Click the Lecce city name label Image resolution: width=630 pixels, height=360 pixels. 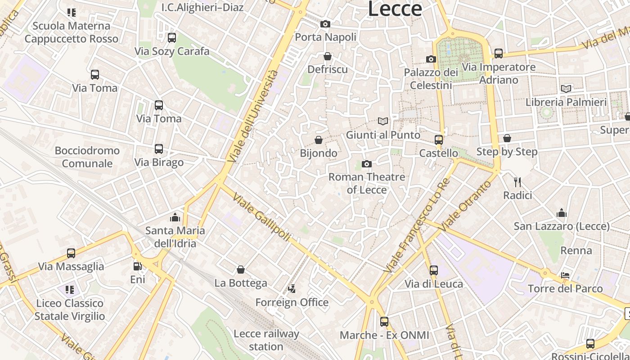pyautogui.click(x=395, y=9)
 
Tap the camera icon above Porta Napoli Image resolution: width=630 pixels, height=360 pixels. pyautogui.click(x=325, y=24)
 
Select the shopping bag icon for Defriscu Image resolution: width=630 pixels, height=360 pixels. pyautogui.click(x=328, y=56)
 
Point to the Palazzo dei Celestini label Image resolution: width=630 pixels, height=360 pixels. pyautogui.click(x=431, y=79)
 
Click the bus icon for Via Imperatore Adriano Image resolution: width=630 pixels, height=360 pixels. pyautogui.click(x=498, y=54)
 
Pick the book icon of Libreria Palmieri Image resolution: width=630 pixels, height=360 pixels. pyautogui.click(x=566, y=89)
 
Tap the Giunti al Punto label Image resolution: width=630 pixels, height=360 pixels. pyautogui.click(x=383, y=135)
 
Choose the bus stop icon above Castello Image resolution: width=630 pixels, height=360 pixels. pyautogui.click(x=439, y=139)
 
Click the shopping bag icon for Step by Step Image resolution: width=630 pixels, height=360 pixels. pyautogui.click(x=507, y=138)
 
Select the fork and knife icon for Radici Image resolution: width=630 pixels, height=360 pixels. pyautogui.click(x=517, y=182)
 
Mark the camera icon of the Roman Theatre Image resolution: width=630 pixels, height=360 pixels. pyautogui.click(x=367, y=164)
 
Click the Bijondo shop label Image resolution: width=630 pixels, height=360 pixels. pyautogui.click(x=319, y=153)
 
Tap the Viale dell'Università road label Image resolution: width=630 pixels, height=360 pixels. pyautogui.click(x=253, y=116)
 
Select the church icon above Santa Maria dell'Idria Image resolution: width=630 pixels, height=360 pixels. pyautogui.click(x=175, y=218)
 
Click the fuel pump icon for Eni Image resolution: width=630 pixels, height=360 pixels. pyautogui.click(x=138, y=266)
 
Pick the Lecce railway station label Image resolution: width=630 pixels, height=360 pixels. pyautogui.click(x=266, y=340)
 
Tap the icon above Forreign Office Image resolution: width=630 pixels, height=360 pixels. pyautogui.click(x=292, y=288)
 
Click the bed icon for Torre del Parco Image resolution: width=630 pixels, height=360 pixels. pyautogui.click(x=566, y=275)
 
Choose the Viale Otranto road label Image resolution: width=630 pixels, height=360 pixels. pyautogui.click(x=466, y=206)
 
